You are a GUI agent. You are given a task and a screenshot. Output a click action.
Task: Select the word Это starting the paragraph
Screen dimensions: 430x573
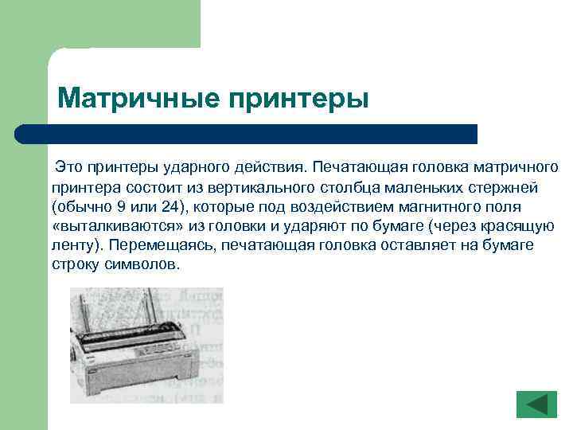pyautogui.click(x=68, y=168)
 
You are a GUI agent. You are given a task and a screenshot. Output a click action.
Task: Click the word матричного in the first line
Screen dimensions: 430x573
pyautogui.click(x=516, y=168)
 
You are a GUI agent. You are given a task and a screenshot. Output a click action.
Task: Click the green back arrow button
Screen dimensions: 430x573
pyautogui.click(x=537, y=404)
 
